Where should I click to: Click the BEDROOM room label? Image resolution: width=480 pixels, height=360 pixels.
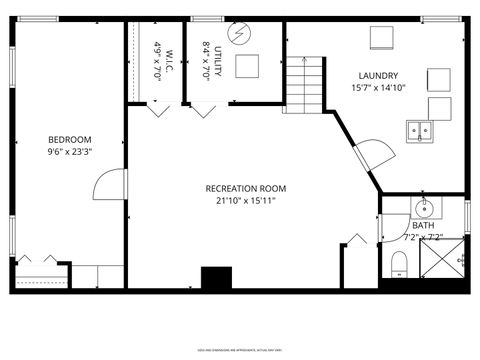(69, 139)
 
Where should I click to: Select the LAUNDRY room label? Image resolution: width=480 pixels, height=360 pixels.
(379, 75)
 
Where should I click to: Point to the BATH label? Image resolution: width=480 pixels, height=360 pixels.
(423, 226)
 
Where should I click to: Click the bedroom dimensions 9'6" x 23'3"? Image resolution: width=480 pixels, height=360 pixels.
(69, 152)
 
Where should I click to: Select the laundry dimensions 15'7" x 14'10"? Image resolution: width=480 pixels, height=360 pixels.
(379, 87)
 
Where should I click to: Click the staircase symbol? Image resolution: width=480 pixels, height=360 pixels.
(306, 84)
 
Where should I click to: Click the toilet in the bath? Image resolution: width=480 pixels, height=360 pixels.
(399, 264)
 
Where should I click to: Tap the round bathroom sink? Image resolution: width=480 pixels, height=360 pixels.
(424, 209)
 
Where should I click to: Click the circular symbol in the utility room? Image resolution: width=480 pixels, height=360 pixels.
(239, 34)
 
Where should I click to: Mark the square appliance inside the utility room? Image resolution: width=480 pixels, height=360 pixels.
(247, 66)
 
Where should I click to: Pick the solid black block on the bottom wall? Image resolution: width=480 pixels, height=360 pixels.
(215, 277)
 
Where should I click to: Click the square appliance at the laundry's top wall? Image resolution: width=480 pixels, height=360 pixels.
(382, 37)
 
